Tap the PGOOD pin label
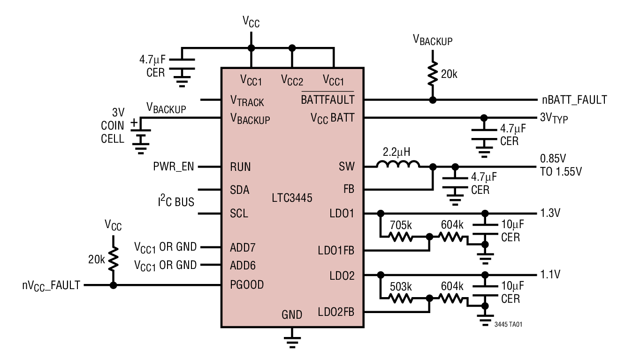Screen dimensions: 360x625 click(247, 284)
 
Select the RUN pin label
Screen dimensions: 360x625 click(240, 167)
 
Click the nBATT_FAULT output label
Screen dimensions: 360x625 click(572, 100)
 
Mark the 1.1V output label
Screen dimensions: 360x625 click(549, 274)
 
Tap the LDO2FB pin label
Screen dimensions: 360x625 click(335, 312)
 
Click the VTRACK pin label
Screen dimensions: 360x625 click(247, 100)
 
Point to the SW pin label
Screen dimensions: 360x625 click(347, 167)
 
